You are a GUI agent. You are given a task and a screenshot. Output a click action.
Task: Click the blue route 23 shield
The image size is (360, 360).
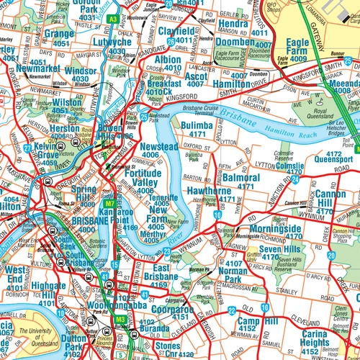[166, 251]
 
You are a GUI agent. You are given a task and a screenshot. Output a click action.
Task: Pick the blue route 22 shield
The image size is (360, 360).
[230, 310]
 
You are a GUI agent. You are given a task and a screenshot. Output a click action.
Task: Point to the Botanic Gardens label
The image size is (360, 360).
[85, 244]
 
